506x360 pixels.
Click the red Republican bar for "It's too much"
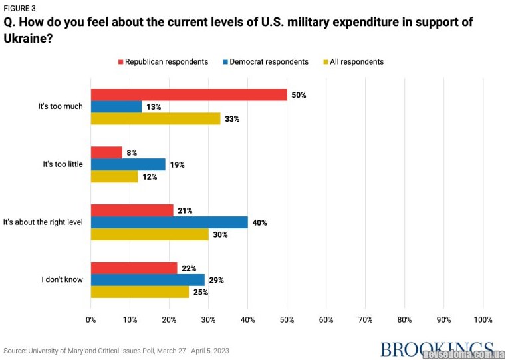[x=189, y=94]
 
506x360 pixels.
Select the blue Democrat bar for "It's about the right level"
[x=169, y=222]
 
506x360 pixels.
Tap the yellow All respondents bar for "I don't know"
[x=140, y=292]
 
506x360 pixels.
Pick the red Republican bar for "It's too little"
[x=106, y=152]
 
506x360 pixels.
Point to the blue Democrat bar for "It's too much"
[x=116, y=106]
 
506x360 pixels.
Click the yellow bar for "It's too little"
[x=114, y=176]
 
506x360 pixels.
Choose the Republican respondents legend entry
[x=163, y=62]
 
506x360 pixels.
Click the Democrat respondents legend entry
[x=265, y=62]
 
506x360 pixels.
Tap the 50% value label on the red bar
[x=299, y=95]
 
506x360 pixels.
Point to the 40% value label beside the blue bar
[x=259, y=223]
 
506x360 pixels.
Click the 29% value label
[x=216, y=280]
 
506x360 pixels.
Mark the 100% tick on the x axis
[x=483, y=319]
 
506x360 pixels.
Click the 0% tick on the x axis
[x=91, y=319]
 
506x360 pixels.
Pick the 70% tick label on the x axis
[x=365, y=319]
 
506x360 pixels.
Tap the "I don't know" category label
[x=62, y=279]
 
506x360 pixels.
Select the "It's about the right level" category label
[x=43, y=222]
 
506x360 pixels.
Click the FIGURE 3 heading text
[x=20, y=8]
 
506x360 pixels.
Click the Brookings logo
[x=436, y=349]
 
